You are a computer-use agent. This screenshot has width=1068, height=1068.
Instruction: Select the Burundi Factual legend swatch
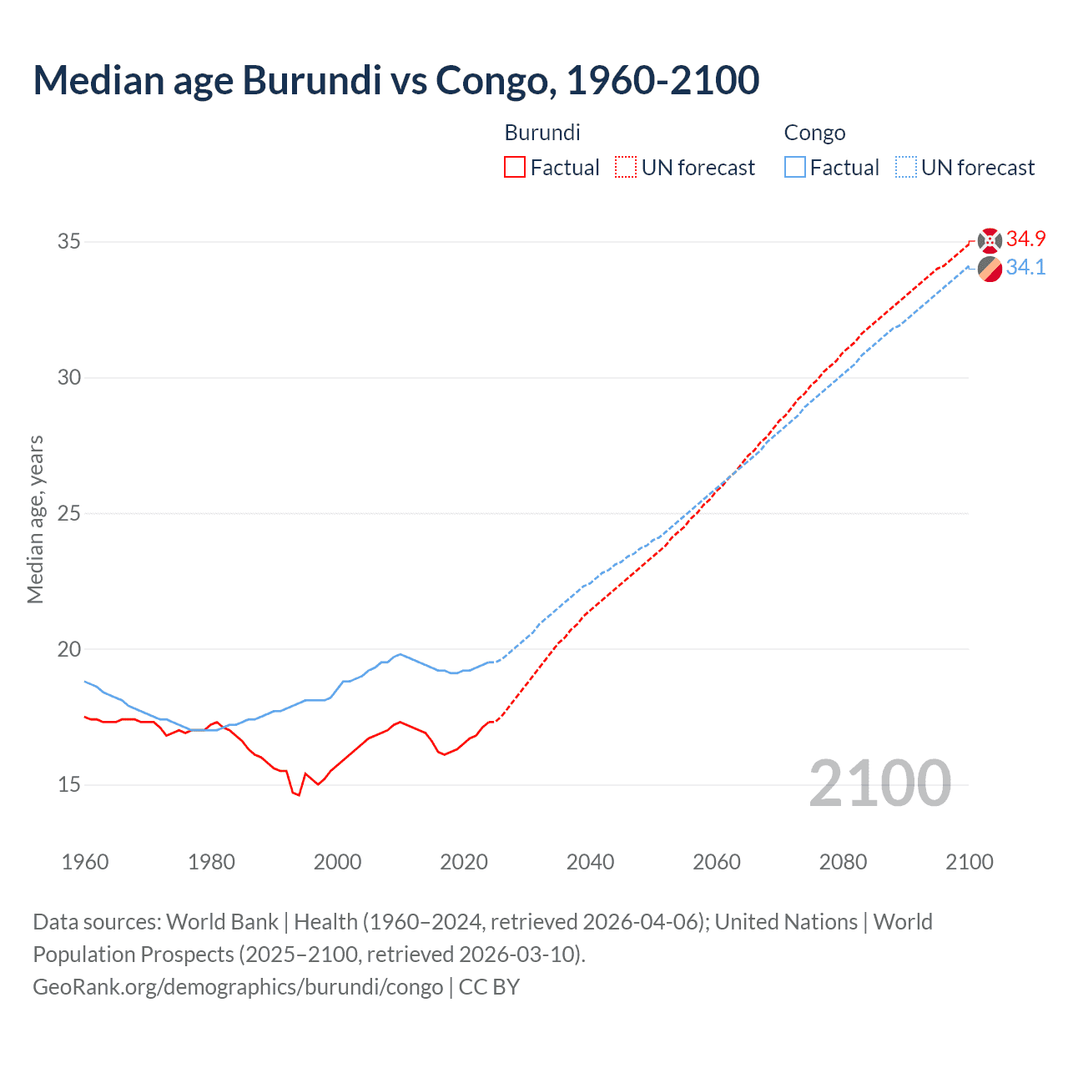pyautogui.click(x=515, y=168)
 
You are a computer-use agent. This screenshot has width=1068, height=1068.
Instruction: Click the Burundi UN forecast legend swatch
pyautogui.click(x=626, y=168)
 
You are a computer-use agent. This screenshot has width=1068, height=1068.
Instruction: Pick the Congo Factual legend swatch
pyautogui.click(x=794, y=168)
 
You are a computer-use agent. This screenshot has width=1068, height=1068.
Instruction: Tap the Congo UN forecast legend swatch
pyautogui.click(x=905, y=168)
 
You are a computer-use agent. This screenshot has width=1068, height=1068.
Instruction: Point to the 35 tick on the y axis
pyautogui.click(x=69, y=241)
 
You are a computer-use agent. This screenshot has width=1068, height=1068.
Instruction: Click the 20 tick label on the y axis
pyautogui.click(x=69, y=649)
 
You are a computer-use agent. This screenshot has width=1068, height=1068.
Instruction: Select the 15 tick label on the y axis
pyautogui.click(x=69, y=785)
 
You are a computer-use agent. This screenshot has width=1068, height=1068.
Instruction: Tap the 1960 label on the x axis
pyautogui.click(x=85, y=862)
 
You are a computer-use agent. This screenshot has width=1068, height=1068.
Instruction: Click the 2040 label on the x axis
pyautogui.click(x=590, y=862)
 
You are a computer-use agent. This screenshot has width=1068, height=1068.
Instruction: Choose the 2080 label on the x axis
pyautogui.click(x=843, y=862)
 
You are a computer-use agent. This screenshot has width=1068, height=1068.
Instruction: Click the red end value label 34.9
pyautogui.click(x=1025, y=239)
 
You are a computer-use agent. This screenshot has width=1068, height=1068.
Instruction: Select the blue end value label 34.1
pyautogui.click(x=1025, y=267)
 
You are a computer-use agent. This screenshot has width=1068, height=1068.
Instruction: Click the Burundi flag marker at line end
pyautogui.click(x=990, y=240)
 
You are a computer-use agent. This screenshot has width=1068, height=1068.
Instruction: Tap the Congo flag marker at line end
pyautogui.click(x=990, y=270)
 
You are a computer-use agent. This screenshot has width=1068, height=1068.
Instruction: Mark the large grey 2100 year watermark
pyautogui.click(x=879, y=783)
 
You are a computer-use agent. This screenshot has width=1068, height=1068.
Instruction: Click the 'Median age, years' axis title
pyautogui.click(x=35, y=519)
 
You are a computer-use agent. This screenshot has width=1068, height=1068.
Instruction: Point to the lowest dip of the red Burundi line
pyautogui.click(x=298, y=795)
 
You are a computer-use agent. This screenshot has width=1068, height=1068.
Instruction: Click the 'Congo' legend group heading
pyautogui.click(x=814, y=133)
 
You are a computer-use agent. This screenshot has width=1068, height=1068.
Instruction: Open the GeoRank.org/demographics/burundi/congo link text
pyautogui.click(x=238, y=987)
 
